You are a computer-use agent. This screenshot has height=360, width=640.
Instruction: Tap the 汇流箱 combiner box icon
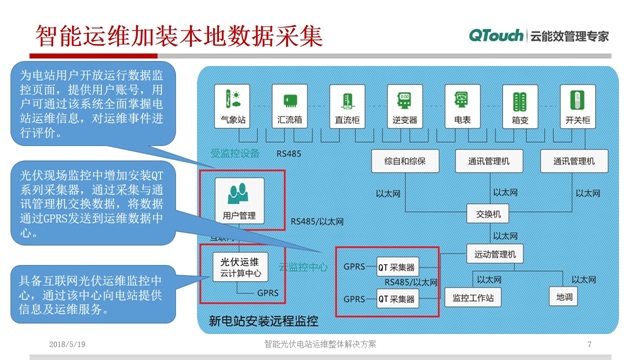click(x=290, y=101)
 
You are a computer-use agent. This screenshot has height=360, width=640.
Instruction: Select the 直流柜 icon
click(x=347, y=101)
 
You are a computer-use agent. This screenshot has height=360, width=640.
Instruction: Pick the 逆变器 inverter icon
click(x=405, y=101)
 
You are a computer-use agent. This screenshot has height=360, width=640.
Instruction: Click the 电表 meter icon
click(x=462, y=101)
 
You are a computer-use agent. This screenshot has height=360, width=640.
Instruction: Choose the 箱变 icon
click(x=519, y=101)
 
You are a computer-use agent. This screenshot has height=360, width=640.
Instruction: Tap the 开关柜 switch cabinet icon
click(x=577, y=101)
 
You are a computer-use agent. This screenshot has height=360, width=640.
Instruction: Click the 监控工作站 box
click(x=473, y=297)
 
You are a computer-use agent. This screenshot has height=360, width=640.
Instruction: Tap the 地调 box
click(x=564, y=297)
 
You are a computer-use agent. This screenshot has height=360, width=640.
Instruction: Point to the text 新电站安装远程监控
click(x=263, y=322)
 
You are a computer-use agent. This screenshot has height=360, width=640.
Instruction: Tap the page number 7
click(x=590, y=345)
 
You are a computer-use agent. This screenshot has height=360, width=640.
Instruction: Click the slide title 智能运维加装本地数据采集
click(x=180, y=37)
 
